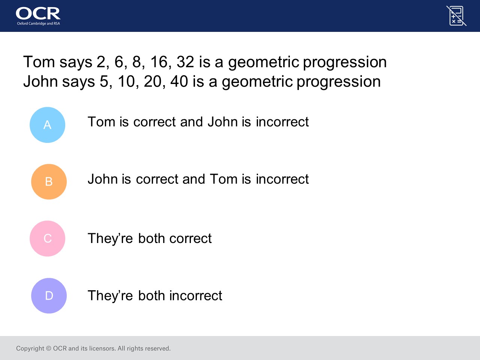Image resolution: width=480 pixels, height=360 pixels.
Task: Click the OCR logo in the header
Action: coord(38,16)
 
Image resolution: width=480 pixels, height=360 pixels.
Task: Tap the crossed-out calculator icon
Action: coord(456,16)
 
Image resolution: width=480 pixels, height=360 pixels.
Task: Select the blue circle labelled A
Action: coord(48,125)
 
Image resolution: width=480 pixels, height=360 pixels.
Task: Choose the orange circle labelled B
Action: coord(49,181)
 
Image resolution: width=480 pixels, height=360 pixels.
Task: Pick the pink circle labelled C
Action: coord(48,238)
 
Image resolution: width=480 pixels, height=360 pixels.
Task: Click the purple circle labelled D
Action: coord(49,296)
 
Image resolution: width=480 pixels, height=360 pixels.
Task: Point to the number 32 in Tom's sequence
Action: coord(185,62)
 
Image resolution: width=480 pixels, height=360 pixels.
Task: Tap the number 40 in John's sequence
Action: coord(179,81)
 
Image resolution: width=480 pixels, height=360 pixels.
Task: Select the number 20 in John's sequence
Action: coord(152,81)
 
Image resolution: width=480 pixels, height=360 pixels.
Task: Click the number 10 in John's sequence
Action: coord(126,81)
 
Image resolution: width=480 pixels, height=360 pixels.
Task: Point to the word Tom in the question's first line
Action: coord(39,62)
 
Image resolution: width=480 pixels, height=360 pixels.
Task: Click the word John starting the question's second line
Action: coord(40,81)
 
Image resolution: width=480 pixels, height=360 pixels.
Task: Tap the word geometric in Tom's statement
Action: coord(264,63)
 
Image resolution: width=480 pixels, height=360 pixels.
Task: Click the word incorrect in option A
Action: coord(282,122)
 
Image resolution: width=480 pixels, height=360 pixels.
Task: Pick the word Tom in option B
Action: coord(223,179)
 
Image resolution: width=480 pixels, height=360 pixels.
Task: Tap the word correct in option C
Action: coord(190,238)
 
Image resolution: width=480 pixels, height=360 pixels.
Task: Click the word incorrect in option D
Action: coord(196,296)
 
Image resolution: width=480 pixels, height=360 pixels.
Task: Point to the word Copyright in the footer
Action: coord(30,348)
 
